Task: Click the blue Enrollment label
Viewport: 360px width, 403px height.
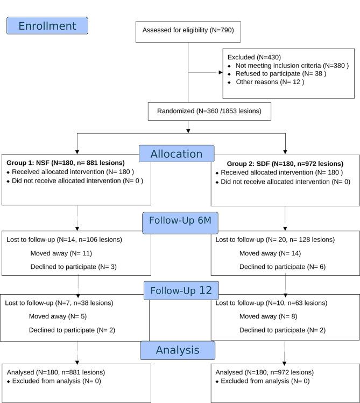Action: pos(47,26)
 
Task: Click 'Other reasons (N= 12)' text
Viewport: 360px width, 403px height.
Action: pos(270,82)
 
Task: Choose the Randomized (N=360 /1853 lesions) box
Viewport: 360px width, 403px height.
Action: pos(209,111)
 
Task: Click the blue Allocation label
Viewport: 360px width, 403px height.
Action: pos(177,154)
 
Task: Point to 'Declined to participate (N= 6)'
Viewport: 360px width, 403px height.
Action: pos(282,267)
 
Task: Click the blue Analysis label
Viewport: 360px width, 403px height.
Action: pos(178,350)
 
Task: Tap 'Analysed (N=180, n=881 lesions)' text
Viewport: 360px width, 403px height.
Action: pos(56,372)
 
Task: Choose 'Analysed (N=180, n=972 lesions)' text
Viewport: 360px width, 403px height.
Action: pos(264,372)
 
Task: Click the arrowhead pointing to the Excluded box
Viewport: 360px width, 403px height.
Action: pos(221,72)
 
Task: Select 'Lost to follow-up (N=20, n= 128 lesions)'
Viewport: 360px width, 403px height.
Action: pos(274,239)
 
